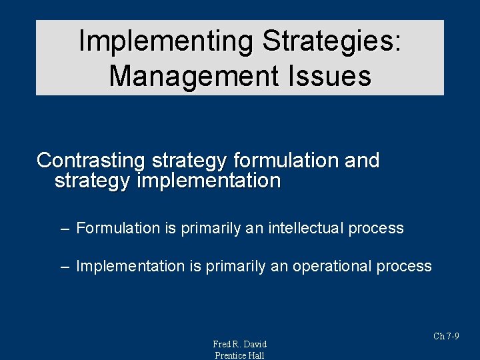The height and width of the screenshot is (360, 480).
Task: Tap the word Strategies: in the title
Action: pyautogui.click(x=332, y=41)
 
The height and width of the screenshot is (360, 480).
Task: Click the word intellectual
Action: pyautogui.click(x=306, y=229)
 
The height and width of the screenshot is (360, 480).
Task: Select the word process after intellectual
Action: pyautogui.click(x=376, y=229)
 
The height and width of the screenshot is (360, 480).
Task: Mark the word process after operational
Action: pyautogui.click(x=404, y=267)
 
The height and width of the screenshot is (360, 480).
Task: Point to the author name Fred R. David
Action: pyautogui.click(x=239, y=344)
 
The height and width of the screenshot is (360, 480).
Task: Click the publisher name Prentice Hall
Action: pyautogui.click(x=239, y=355)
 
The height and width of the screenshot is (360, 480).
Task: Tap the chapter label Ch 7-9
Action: pyautogui.click(x=446, y=336)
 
